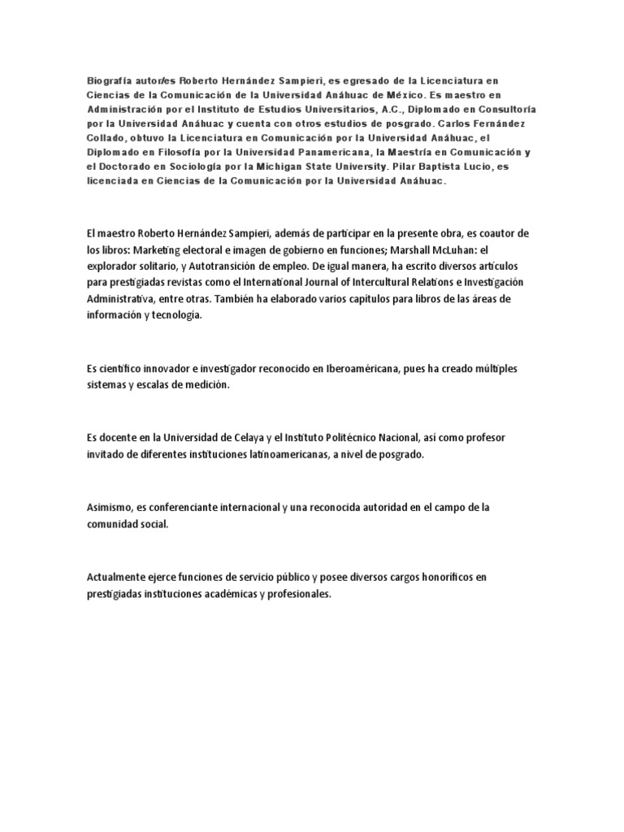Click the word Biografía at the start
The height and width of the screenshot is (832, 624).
coord(111,81)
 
